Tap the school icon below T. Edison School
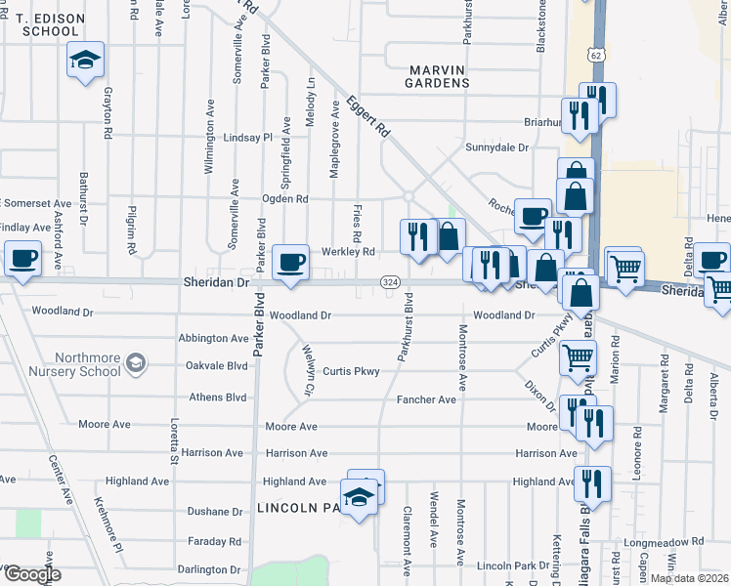(86, 61)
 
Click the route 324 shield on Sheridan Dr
(390, 282)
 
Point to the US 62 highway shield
(596, 56)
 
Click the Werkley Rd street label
(348, 252)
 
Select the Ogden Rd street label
(284, 199)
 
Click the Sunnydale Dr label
(496, 147)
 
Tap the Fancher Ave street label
(426, 399)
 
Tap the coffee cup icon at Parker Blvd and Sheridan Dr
(290, 263)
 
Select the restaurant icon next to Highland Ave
(592, 483)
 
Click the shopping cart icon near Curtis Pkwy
(578, 358)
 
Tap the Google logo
(32, 575)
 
